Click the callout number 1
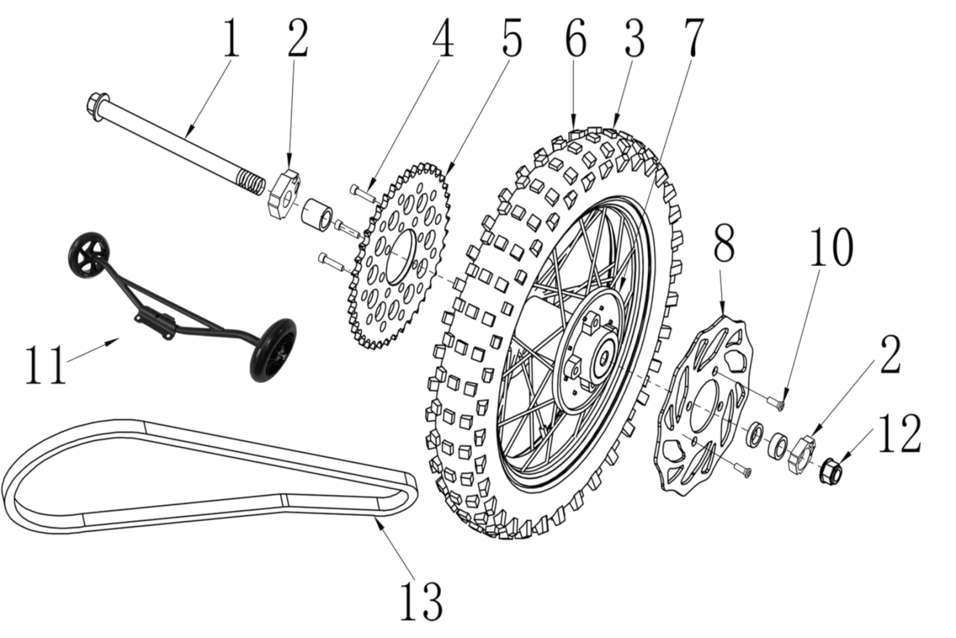coord(231,38)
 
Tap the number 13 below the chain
coord(421,601)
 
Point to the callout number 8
coord(724,244)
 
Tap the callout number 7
coord(694,38)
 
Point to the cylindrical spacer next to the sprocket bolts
coord(316,215)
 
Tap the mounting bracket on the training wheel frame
coord(155,323)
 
